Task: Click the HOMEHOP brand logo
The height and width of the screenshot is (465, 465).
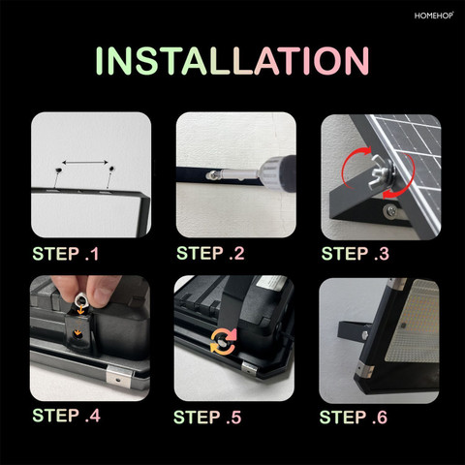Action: (434, 15)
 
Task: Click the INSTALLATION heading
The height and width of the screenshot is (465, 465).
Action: (232, 61)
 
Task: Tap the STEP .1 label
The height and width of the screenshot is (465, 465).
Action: (66, 254)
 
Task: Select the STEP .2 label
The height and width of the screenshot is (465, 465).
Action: (210, 253)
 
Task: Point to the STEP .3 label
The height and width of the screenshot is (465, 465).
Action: (356, 254)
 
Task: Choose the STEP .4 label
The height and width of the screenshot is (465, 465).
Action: (66, 416)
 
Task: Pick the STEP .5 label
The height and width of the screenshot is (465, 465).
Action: (207, 418)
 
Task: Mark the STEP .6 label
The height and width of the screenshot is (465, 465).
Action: (354, 418)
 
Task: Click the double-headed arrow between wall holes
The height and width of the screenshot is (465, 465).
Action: (85, 162)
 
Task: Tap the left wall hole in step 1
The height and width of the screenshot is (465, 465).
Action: (58, 170)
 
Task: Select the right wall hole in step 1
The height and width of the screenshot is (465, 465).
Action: (112, 169)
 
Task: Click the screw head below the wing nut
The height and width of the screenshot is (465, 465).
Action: (391, 210)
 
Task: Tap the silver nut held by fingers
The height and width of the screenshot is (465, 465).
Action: (80, 299)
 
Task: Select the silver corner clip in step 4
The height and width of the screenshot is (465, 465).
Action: (119, 377)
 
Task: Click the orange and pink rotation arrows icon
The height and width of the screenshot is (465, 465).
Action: (223, 341)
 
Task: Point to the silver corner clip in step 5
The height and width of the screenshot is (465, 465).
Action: (249, 369)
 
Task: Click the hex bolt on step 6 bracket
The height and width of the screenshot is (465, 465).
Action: (365, 335)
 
